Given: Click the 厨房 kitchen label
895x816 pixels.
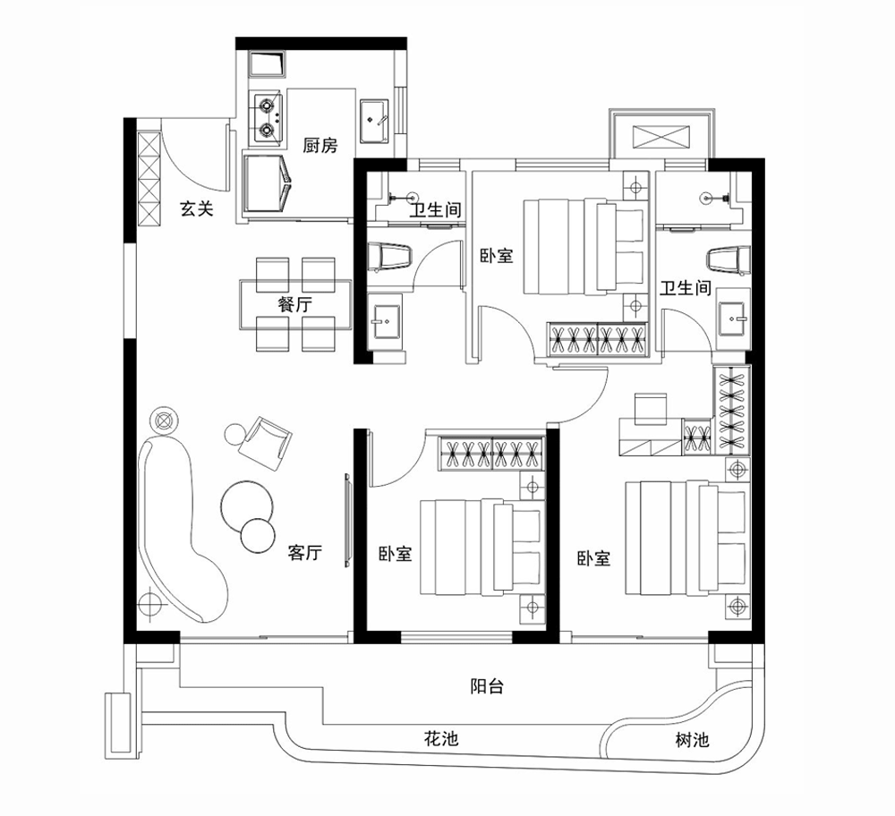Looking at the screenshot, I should (320, 146).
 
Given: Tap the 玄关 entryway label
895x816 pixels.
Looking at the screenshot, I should (197, 209).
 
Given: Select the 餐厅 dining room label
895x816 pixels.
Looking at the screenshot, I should (295, 303).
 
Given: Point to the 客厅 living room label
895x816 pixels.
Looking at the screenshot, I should (304, 553).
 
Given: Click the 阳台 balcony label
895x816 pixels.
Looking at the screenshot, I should (487, 687).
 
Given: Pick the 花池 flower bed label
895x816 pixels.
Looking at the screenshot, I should (440, 740).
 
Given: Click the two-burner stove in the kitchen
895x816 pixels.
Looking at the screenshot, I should (267, 119).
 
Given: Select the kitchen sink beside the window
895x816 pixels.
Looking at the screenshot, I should (374, 119).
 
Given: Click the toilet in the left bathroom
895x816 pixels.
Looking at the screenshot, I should (392, 257).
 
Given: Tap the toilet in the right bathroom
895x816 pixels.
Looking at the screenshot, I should (726, 260).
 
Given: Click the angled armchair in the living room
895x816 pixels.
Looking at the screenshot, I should (267, 441).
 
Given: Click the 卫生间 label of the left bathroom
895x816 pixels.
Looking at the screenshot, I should (435, 211).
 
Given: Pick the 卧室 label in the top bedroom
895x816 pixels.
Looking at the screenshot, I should (496, 256).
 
